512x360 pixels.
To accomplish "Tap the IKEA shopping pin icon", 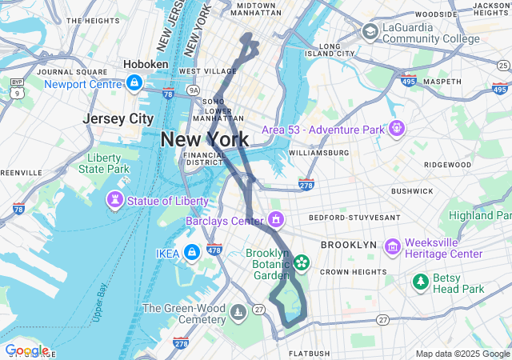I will [191, 254].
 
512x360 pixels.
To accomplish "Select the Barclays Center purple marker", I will [276, 219].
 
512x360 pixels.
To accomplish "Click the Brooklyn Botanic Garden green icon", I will [302, 262].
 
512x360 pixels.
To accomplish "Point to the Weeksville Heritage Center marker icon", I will [392, 247].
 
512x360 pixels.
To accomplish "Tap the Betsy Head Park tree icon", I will [421, 282].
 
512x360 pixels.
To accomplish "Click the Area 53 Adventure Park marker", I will [396, 129].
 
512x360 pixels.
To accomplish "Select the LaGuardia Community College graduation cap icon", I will [370, 31].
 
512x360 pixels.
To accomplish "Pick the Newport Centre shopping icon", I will [135, 83].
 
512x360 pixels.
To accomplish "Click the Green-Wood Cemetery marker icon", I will [238, 311].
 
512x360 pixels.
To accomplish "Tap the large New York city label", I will [204, 139].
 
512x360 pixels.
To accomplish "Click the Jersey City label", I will [118, 118].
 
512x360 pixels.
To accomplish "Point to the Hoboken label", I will [146, 64].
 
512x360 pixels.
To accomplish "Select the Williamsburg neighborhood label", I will [318, 152].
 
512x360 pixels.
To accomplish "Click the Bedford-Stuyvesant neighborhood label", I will [349, 218].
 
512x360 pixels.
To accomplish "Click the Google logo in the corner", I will [26, 350].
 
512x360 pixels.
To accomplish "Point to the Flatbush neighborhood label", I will [308, 353].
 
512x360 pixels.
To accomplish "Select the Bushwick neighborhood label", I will [412, 191].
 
